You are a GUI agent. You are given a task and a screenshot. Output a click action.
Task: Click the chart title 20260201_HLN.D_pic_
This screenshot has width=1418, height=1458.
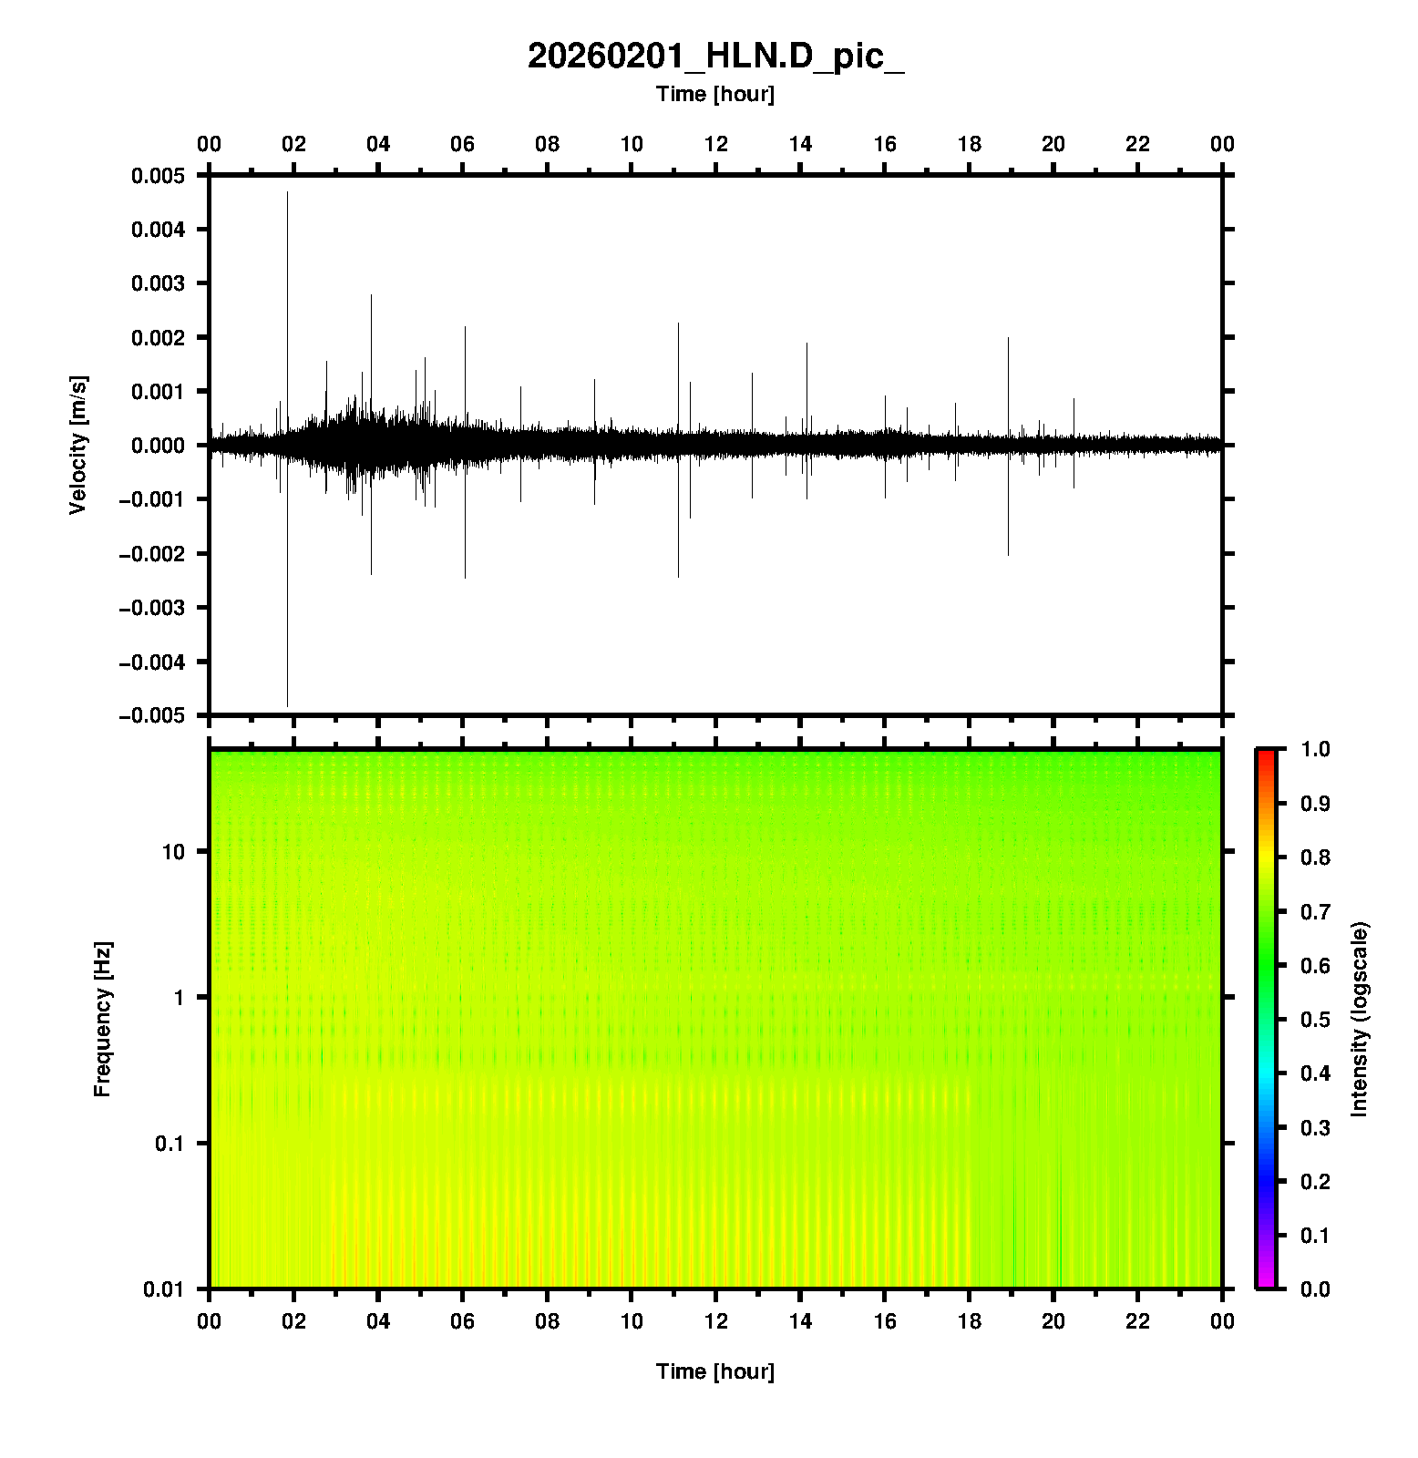tap(715, 56)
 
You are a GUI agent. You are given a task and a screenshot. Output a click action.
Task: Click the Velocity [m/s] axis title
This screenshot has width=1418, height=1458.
tap(78, 445)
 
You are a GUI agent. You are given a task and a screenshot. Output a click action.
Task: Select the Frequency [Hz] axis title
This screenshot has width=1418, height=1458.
tap(102, 1020)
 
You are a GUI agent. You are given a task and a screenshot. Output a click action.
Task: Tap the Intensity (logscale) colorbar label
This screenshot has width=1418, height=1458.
tap(1360, 1019)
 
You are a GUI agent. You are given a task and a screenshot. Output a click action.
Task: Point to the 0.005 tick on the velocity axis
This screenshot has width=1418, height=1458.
tap(158, 176)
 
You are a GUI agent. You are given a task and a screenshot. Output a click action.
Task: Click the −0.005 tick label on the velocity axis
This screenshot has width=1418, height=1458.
tap(151, 715)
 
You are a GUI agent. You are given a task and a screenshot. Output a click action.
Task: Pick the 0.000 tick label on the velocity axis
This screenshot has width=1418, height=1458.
tap(158, 446)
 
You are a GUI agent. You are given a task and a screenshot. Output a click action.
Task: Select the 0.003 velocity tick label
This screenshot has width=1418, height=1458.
tap(158, 283)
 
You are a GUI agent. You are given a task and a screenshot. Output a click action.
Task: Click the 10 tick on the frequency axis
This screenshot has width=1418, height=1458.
tap(172, 852)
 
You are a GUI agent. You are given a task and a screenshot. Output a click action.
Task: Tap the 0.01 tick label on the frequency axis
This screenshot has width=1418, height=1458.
tap(164, 1289)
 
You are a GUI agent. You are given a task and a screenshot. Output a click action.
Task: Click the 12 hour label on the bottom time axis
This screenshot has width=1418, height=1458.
tap(716, 1321)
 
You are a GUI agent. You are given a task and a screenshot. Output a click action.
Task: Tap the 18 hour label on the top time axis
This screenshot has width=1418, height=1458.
tap(969, 144)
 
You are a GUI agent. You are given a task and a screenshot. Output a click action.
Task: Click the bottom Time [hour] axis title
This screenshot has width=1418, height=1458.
tap(715, 1371)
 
